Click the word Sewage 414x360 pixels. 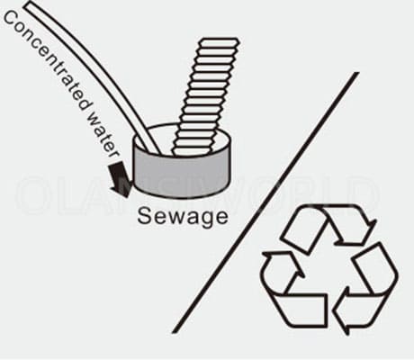pos(183,217)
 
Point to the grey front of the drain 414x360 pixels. pos(182,175)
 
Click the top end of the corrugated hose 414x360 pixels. pos(220,40)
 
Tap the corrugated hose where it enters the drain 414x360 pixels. pos(193,151)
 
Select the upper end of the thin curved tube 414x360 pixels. pos(30,4)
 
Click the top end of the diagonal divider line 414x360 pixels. pos(357,73)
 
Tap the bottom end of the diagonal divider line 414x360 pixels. pos(175,331)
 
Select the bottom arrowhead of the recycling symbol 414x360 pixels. pos(341,318)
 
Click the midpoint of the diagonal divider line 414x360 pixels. pos(265,202)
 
